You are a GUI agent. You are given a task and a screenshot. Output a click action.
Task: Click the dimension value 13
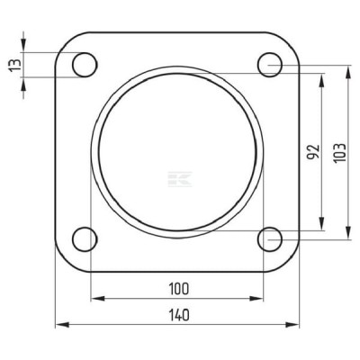tap(15, 65)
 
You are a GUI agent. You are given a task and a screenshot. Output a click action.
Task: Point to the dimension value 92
tap(313, 152)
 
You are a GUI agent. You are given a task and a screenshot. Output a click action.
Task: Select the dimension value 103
tap(340, 153)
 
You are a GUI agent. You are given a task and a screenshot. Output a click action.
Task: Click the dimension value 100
tap(179, 289)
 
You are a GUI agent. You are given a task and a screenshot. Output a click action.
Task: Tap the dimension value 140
tap(179, 315)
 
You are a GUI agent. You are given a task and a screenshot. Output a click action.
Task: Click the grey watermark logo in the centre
tap(180, 179)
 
